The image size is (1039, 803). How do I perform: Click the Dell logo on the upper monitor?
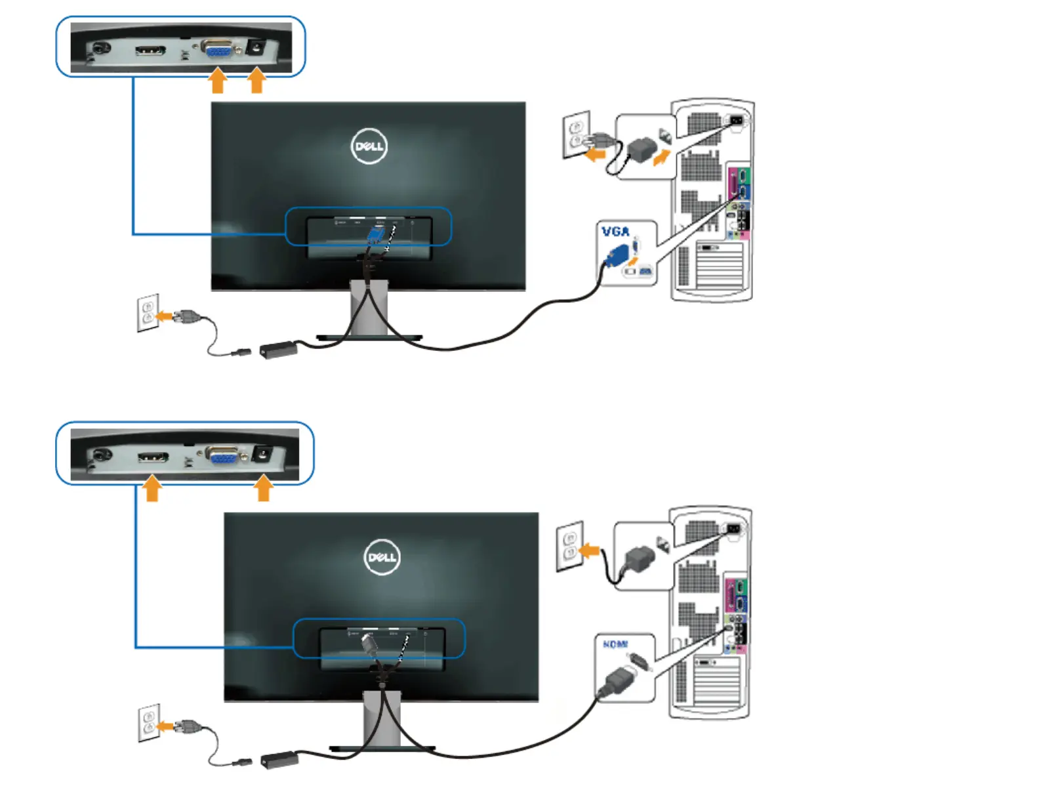click(x=369, y=146)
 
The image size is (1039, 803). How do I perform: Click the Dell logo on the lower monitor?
click(x=382, y=557)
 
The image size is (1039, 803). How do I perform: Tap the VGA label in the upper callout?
click(x=615, y=232)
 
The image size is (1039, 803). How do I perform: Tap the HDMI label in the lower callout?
click(x=615, y=644)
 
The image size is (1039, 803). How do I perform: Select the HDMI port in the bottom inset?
click(x=153, y=457)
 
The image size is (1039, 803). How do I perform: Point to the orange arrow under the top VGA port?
click(x=217, y=81)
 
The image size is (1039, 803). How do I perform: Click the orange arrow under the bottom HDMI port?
click(x=152, y=489)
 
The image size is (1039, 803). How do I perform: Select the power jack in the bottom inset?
click(x=263, y=454)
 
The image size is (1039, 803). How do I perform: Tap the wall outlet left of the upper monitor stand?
click(x=148, y=312)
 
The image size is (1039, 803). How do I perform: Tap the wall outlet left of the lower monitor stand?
click(x=149, y=722)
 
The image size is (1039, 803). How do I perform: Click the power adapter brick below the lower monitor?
click(x=280, y=760)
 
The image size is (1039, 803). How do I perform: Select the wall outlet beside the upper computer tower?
click(x=576, y=134)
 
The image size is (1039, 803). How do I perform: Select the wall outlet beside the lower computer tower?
click(x=569, y=546)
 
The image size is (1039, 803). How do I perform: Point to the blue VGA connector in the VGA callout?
click(x=617, y=255)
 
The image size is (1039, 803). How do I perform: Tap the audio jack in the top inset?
click(x=100, y=49)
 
